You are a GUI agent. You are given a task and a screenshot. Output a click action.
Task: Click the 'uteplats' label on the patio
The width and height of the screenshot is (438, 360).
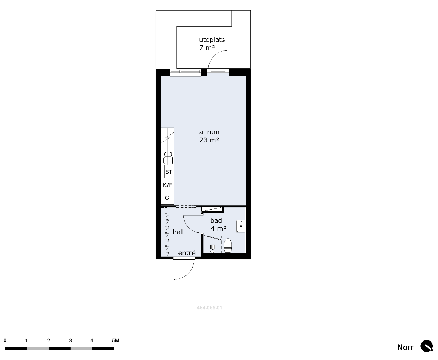(x=212, y=40)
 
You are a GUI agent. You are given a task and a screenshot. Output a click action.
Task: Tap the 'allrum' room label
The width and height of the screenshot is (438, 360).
(x=209, y=132)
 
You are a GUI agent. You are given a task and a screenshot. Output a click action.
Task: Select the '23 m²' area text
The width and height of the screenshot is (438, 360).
(x=209, y=140)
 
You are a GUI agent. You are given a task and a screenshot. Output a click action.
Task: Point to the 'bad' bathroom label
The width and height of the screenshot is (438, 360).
(x=216, y=220)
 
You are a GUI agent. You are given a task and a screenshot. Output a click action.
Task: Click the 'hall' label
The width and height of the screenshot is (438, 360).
(x=178, y=232)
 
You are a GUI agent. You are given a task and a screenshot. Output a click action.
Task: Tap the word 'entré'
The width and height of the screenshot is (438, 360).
(x=187, y=253)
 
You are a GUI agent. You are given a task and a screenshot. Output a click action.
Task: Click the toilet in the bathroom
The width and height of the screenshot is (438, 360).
(x=228, y=245)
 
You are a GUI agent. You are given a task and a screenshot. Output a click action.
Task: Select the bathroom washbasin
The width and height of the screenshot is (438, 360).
(x=240, y=226)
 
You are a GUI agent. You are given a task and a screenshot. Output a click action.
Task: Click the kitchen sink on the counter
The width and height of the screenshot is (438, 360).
(x=168, y=158)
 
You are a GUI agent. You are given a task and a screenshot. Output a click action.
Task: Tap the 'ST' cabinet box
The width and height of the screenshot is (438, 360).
(x=169, y=172)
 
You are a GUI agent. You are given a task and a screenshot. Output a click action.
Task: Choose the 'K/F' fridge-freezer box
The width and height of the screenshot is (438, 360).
(x=168, y=185)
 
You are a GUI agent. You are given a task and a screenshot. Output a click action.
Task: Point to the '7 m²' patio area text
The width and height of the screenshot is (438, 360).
(x=207, y=48)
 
